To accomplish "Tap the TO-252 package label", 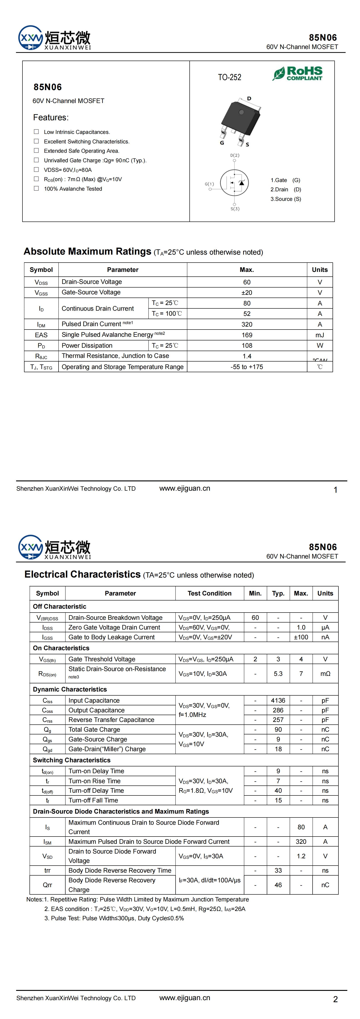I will click(229, 77).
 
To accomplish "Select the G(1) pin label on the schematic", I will click(209, 184).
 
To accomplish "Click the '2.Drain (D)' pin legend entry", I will click(286, 190).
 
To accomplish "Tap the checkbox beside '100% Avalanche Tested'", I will click(36, 189).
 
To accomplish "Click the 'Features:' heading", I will click(51, 118).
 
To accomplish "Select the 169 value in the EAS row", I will click(247, 335).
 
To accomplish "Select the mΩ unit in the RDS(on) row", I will click(325, 674).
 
